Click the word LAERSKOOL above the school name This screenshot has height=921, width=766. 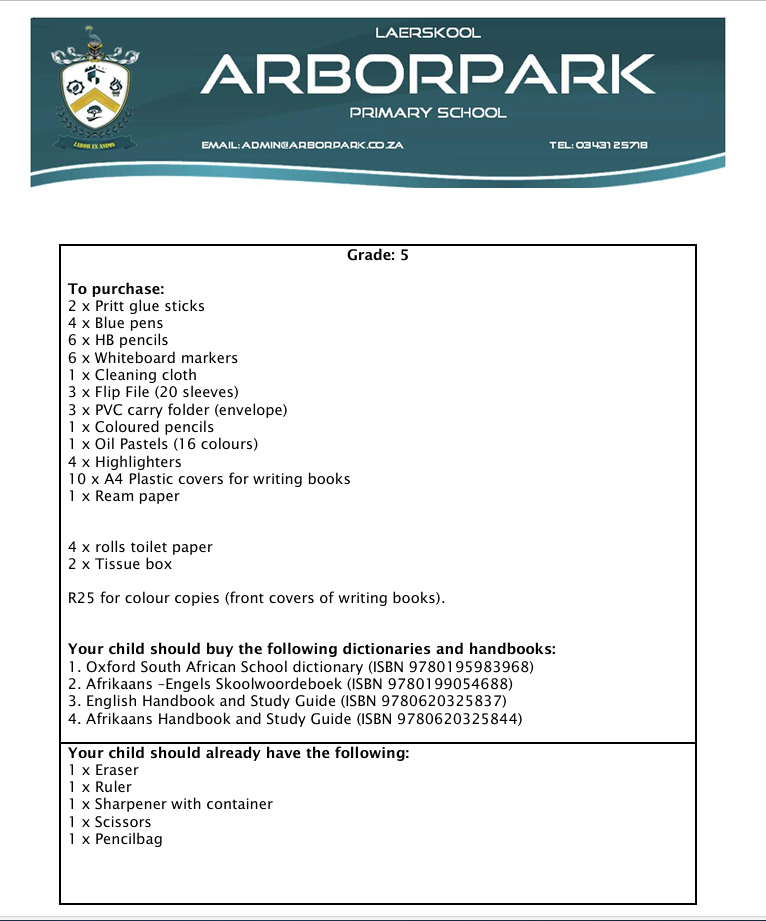tap(428, 33)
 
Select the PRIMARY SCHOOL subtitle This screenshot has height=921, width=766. tap(428, 113)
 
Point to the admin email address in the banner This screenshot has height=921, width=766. tap(302, 146)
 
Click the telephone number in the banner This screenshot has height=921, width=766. tap(599, 146)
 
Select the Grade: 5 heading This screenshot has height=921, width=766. tap(378, 255)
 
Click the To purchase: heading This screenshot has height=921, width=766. tap(109, 289)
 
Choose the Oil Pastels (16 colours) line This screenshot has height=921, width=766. tap(163, 444)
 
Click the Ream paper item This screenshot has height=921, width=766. tap(124, 496)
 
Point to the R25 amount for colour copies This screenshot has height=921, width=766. tap(79, 599)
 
